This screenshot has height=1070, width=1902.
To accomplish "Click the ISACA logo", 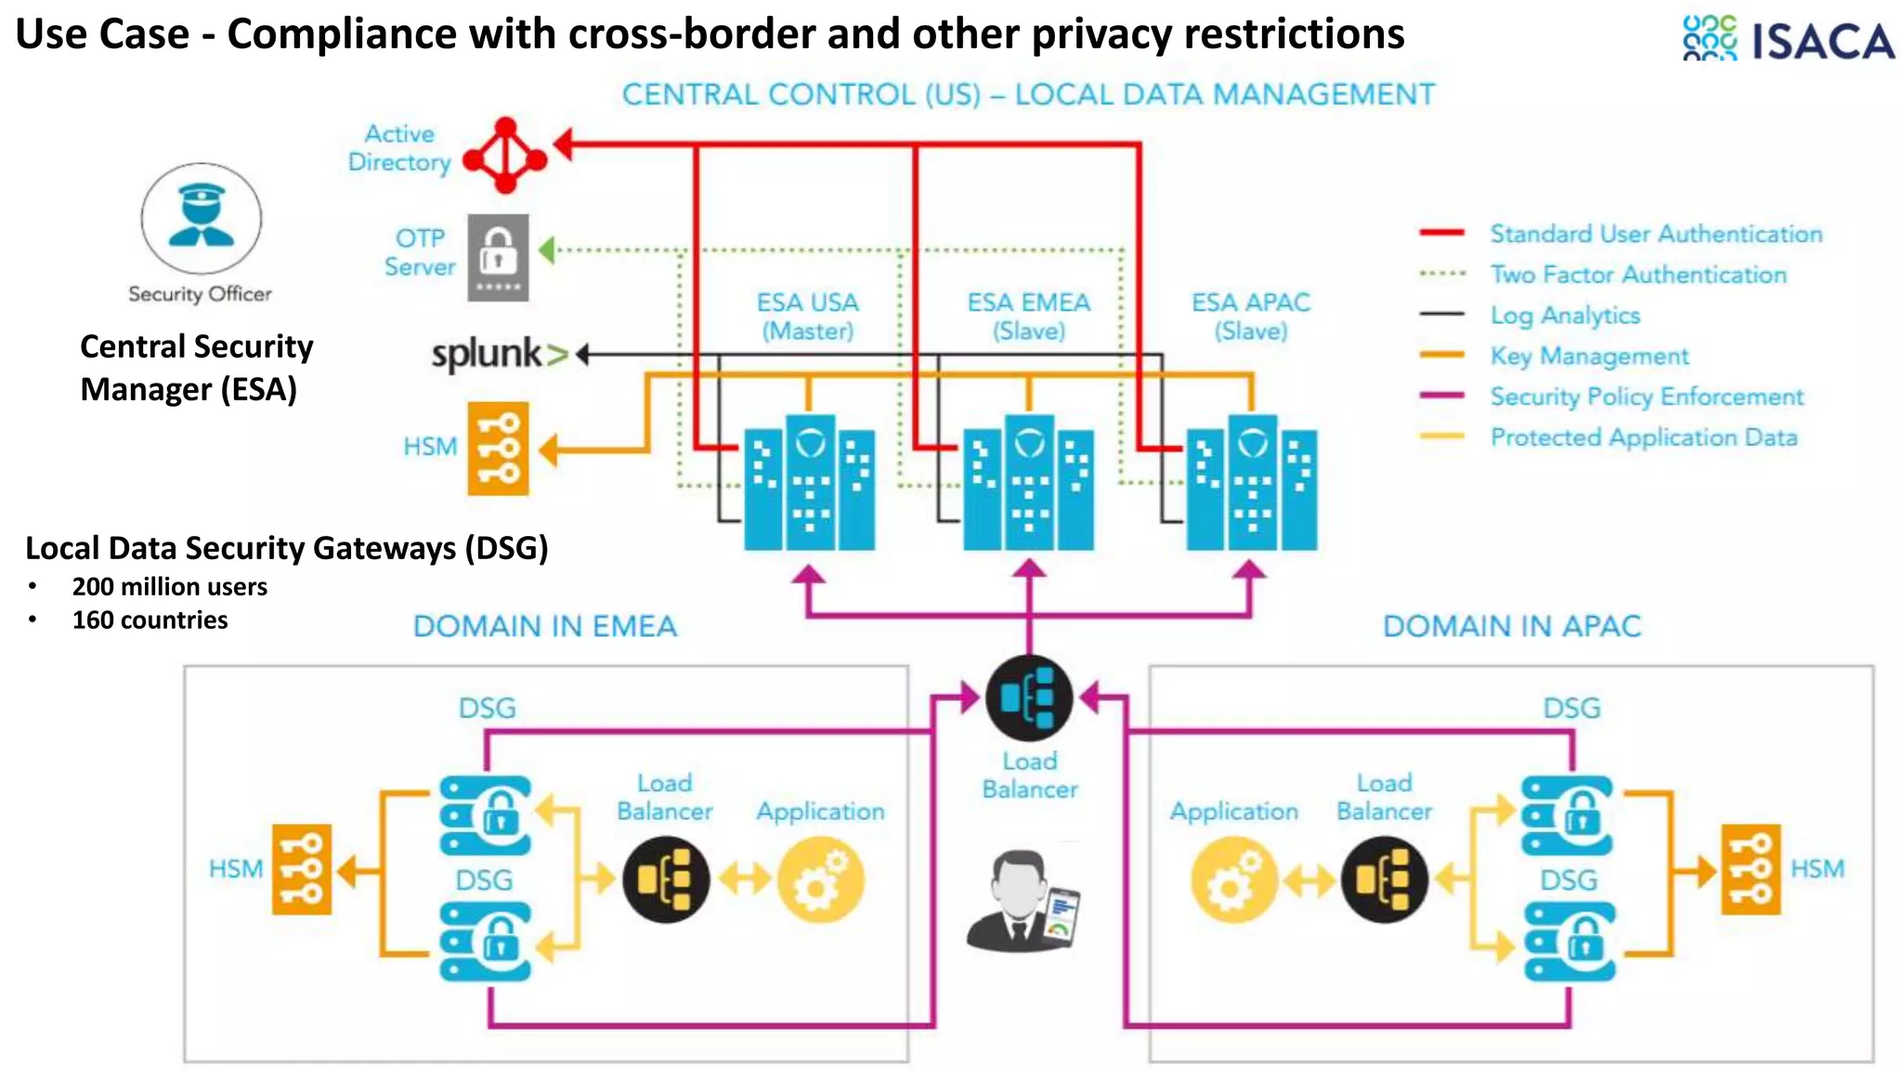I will tap(1788, 39).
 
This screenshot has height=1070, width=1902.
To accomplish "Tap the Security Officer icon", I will tap(201, 218).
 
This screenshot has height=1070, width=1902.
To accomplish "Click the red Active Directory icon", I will tap(505, 156).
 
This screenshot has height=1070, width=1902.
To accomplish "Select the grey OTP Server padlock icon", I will tap(498, 257).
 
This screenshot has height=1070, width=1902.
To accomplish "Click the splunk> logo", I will tap(500, 355).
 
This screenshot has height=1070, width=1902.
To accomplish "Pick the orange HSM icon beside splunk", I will tap(498, 449).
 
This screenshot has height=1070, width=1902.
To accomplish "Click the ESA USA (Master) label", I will tap(807, 317).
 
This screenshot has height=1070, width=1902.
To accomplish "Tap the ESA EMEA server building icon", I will tap(1028, 483).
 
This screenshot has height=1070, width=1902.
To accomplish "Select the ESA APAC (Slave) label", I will tap(1251, 317).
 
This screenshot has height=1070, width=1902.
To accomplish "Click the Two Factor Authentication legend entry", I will tap(1637, 275).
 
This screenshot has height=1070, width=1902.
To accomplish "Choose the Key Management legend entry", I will tap(1588, 356).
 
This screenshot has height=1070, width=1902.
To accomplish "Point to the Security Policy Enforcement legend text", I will tap(1646, 397).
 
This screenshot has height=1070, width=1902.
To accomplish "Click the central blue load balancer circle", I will tap(1029, 698).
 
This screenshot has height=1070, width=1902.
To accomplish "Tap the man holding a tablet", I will tap(1023, 901).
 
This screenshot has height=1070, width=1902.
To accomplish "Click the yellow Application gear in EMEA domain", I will tap(820, 880).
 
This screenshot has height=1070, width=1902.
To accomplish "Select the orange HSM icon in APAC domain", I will tap(1751, 869).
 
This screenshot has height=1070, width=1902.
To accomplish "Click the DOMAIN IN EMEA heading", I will tap(545, 626).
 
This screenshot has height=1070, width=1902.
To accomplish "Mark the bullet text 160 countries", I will tap(150, 620).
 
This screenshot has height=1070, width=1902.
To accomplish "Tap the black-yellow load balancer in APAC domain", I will tap(1384, 879).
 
